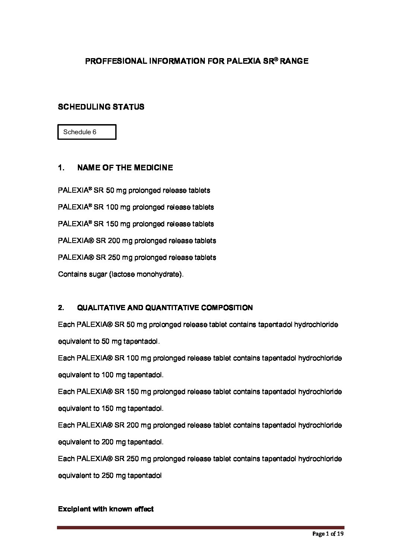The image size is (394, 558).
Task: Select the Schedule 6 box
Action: pos(87,132)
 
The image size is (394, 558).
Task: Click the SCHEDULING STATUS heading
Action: pos(101,107)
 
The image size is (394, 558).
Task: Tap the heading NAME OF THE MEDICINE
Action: pos(125,168)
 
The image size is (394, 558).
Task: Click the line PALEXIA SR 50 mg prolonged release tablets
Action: pos(134,190)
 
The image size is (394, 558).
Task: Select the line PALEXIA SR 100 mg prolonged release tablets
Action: pos(136,207)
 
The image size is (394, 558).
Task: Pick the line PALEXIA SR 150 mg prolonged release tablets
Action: pos(136,224)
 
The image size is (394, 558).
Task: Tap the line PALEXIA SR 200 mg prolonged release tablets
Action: pos(137,241)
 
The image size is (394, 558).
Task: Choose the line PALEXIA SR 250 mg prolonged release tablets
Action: pos(137,258)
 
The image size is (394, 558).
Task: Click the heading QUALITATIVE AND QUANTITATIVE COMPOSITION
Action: pos(165,308)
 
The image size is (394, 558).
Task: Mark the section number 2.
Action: pos(61,308)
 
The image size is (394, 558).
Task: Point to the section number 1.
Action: pos(61,168)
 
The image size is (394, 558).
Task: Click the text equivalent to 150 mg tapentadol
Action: pos(111,409)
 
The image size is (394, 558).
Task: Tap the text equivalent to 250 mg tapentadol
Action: pos(110,476)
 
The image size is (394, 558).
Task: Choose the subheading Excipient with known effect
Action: pos(106,509)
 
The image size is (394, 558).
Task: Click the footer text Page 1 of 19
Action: pos(328,534)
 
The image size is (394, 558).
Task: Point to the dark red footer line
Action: pos(201,527)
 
